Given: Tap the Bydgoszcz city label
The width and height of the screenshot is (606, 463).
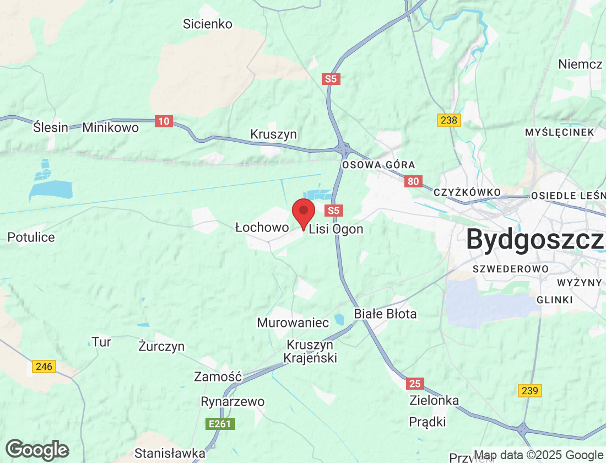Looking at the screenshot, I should click(534, 240).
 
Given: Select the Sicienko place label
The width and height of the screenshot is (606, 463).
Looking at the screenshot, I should click(208, 24).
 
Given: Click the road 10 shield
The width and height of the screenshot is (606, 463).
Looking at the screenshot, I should click(163, 121).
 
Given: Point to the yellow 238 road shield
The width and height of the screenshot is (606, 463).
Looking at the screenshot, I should click(449, 120).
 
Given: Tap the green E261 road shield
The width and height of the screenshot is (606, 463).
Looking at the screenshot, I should click(220, 424).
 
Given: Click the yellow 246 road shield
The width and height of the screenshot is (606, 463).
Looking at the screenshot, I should click(44, 366).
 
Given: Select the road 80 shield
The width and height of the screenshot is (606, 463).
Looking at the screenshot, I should click(413, 181).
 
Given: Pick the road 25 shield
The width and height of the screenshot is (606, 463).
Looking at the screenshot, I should click(414, 383).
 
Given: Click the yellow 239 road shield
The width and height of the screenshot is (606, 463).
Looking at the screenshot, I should click(529, 391).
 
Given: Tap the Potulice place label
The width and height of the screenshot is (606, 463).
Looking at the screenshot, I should click(31, 238).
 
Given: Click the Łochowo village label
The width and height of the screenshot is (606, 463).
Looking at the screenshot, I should click(262, 227).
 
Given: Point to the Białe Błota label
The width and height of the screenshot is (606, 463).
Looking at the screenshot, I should click(385, 314).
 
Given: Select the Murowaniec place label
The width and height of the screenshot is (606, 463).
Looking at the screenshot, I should click(293, 322).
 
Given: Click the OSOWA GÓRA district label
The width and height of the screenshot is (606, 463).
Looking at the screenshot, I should click(378, 165).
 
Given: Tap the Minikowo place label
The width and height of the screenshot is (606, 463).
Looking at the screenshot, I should click(111, 127).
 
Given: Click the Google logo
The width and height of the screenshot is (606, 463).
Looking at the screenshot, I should click(37, 449).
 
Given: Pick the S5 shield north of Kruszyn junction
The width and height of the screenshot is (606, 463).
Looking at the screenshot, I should click(331, 79).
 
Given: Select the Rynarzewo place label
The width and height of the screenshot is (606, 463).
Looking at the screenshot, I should click(232, 401).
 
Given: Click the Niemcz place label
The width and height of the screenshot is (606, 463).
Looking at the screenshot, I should click(580, 64).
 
